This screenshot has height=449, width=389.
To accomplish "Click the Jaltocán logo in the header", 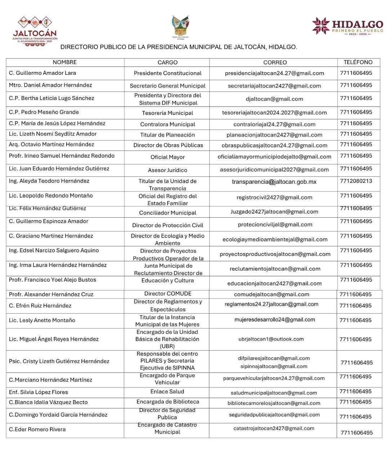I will pos(35,32).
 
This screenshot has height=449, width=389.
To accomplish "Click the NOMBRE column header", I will pos(65,62).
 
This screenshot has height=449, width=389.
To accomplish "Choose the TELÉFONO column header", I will pos(358,62).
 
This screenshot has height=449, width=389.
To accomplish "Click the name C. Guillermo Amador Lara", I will pos(43,73).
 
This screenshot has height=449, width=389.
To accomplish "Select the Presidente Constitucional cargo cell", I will pos(167,73).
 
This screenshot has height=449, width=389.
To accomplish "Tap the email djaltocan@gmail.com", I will pos(274,99).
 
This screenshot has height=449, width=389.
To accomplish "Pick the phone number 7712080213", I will pos(356,181).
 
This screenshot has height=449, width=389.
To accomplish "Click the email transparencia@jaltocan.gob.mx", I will pos(274,182).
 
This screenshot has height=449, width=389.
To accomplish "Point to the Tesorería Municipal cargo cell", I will pos(167,113).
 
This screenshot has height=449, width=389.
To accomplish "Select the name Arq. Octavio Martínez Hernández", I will pos(52,145).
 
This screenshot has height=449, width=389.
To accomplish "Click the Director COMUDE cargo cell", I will pos(168,294).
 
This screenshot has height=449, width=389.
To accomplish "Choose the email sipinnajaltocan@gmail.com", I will pos(274,366).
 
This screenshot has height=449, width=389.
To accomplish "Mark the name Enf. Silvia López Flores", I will pos(39,392).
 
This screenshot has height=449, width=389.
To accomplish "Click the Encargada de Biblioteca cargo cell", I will pos(168,402).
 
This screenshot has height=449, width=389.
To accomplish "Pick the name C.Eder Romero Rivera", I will pos(37,429).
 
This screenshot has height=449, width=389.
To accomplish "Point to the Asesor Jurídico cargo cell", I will pos(167,170).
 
